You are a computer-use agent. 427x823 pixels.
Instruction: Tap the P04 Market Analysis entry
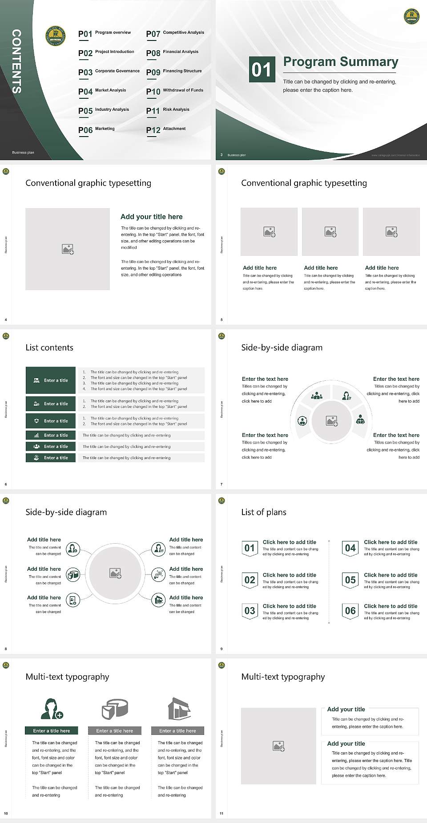click(x=102, y=91)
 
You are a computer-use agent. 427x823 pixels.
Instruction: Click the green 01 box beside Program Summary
click(x=261, y=69)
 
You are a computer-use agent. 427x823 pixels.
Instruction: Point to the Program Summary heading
click(x=340, y=62)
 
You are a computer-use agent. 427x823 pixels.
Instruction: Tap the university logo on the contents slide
click(x=56, y=36)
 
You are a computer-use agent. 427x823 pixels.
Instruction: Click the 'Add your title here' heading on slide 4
click(x=151, y=217)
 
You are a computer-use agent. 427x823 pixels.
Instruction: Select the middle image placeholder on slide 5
click(x=330, y=232)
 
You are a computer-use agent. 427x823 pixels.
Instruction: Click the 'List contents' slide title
click(x=49, y=347)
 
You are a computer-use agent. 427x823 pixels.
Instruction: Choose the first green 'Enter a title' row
click(x=51, y=380)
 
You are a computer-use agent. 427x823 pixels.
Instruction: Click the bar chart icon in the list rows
click(x=36, y=435)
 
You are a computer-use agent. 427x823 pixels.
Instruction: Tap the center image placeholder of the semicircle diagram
click(x=332, y=421)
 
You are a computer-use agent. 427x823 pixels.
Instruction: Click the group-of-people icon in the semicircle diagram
click(x=317, y=395)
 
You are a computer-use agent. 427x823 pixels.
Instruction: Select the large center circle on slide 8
click(x=116, y=573)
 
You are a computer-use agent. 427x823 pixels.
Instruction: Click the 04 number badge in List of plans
click(x=350, y=548)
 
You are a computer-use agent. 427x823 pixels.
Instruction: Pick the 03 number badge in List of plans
click(x=250, y=611)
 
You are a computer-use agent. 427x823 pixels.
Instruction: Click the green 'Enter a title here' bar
click(x=51, y=730)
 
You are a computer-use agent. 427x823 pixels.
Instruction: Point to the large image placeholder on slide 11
click(x=278, y=746)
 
